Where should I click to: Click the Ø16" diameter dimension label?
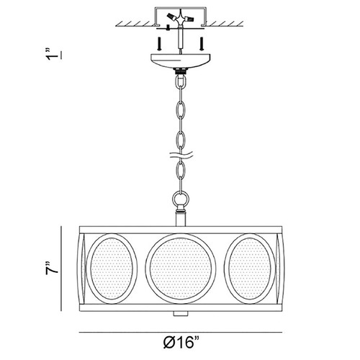click(x=181, y=342)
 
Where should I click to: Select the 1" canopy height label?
click(x=53, y=54)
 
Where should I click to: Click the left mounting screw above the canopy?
click(x=159, y=43)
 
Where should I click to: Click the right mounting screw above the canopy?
click(x=202, y=43)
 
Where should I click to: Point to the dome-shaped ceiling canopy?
click(x=181, y=60)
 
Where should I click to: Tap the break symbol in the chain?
click(x=181, y=155)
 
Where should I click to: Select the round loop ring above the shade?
click(x=181, y=198)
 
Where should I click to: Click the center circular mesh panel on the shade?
click(x=181, y=269)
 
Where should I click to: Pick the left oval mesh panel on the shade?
click(x=112, y=269)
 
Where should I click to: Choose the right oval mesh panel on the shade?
click(x=250, y=269)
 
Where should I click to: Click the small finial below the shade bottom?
click(x=181, y=314)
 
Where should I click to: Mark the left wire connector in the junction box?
click(x=171, y=17)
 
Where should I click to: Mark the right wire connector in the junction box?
click(x=189, y=18)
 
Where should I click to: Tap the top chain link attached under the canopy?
click(x=180, y=84)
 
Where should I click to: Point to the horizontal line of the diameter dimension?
click(x=181, y=333)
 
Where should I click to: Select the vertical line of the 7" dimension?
click(x=61, y=269)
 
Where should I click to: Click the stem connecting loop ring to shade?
click(x=181, y=217)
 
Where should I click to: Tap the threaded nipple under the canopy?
click(x=180, y=71)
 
